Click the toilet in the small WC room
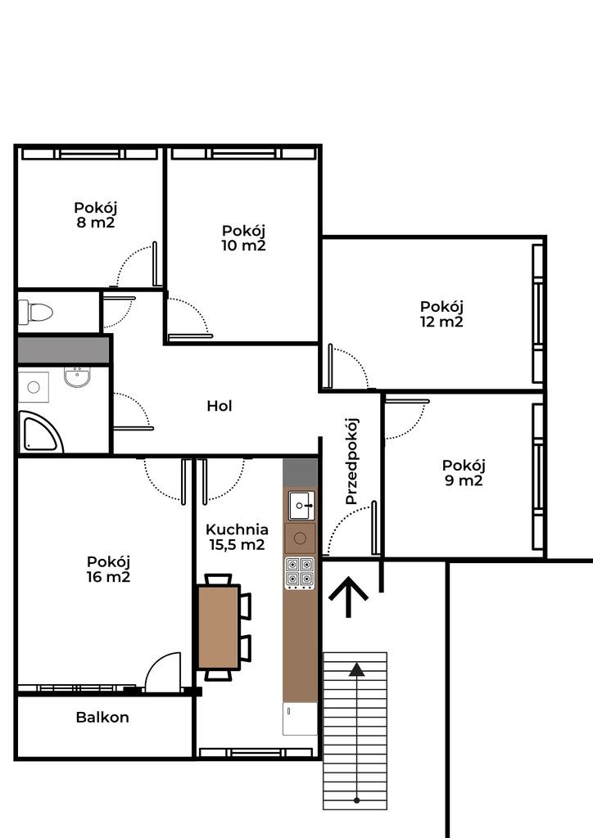[35, 312]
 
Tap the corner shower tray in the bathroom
[38, 432]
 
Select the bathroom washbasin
[78, 377]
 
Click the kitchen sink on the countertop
[301, 506]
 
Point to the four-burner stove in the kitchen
[300, 572]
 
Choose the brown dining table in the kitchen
[218, 627]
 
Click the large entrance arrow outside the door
[349, 597]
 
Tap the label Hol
[220, 406]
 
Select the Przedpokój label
[351, 462]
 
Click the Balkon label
[102, 717]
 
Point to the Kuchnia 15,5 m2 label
[237, 537]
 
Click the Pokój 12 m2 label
[441, 314]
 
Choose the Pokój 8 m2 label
[96, 215]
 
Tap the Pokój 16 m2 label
[109, 570]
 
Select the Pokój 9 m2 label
[464, 473]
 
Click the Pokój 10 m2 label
[244, 238]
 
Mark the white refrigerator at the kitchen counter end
[300, 719]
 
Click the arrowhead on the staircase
[356, 669]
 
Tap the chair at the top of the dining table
[219, 579]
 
